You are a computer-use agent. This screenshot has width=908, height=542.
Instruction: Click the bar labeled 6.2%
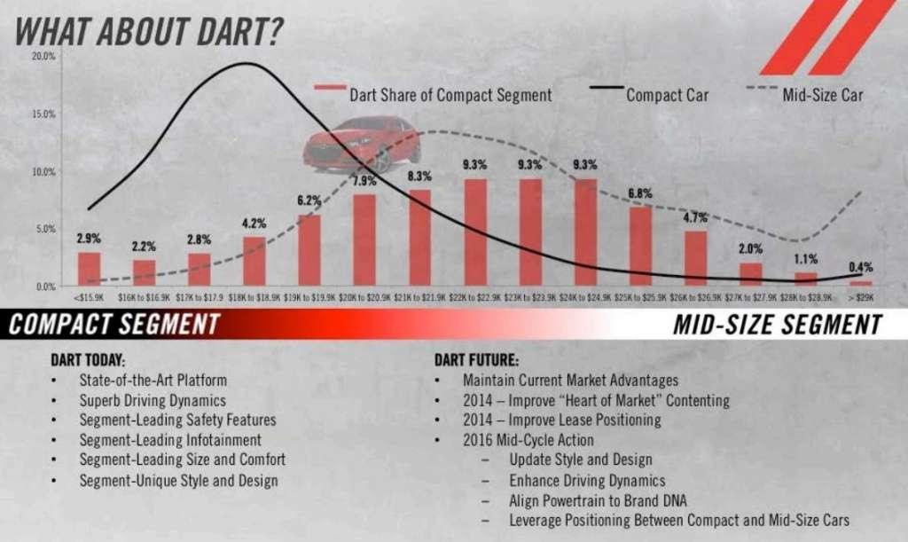[x=309, y=249]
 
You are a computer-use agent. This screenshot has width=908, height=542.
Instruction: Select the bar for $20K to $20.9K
[x=364, y=240]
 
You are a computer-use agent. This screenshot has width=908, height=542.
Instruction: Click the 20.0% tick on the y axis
[x=43, y=56]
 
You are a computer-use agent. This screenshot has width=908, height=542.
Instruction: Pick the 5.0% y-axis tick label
[x=45, y=229]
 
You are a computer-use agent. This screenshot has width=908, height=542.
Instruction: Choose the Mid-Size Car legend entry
[x=822, y=94]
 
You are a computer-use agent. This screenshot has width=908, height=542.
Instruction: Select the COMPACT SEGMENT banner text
[x=113, y=324]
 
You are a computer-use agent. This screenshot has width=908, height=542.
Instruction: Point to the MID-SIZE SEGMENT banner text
[x=777, y=325]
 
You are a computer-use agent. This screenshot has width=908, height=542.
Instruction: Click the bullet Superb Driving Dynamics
[x=153, y=400]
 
